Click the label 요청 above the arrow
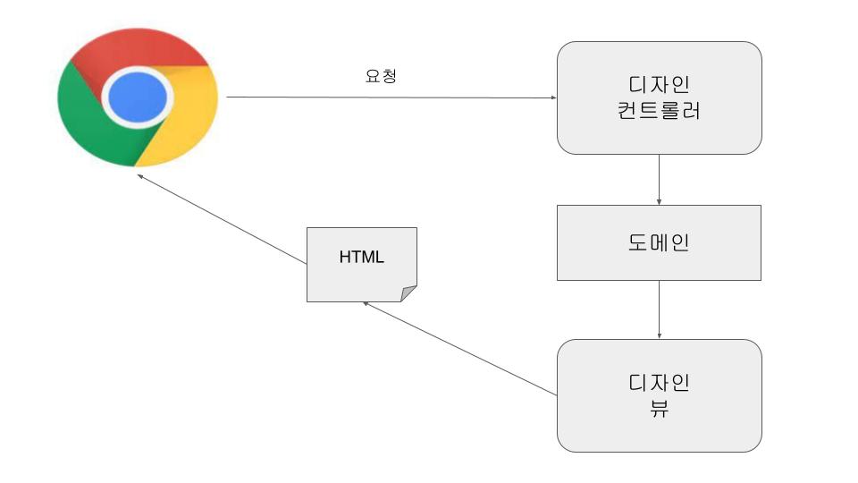(x=381, y=76)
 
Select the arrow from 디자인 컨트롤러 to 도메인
(x=659, y=179)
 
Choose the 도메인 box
(x=659, y=242)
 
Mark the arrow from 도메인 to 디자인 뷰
(x=659, y=309)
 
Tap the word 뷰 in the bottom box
(x=659, y=411)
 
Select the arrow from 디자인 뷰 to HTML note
(x=460, y=348)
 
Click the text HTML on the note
(x=362, y=258)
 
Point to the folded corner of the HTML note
(x=408, y=293)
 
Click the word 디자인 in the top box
(x=659, y=85)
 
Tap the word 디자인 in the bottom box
(x=659, y=382)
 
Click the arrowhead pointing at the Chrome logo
(x=140, y=176)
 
